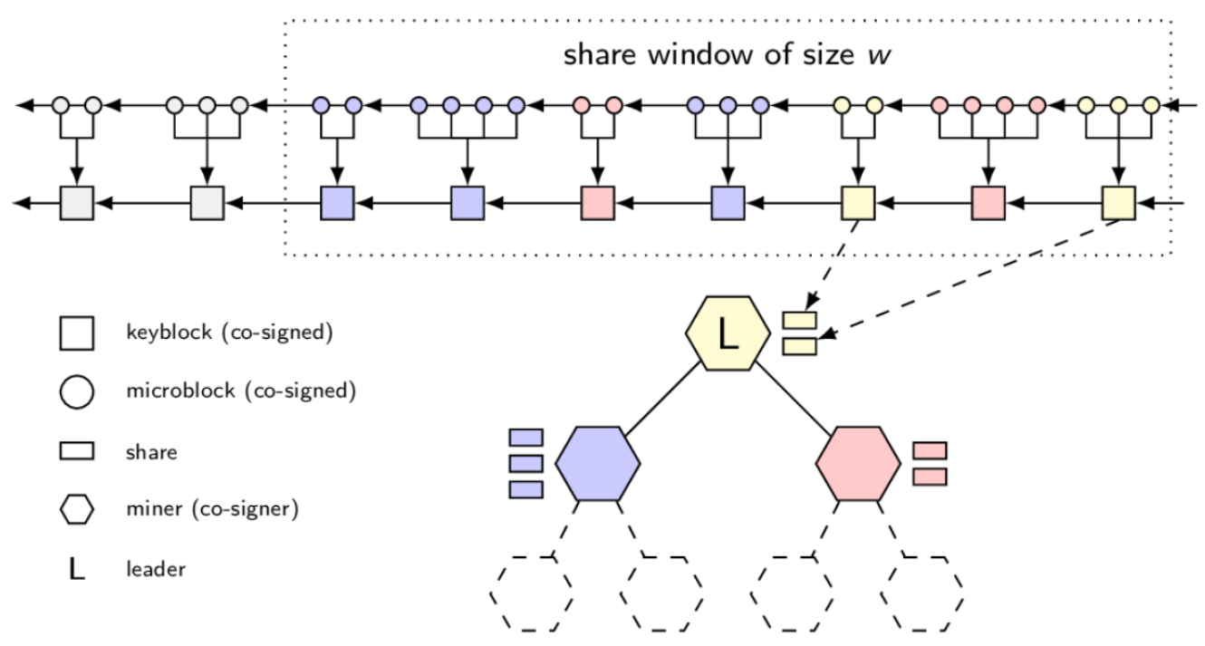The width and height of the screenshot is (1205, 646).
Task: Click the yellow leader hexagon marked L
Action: (727, 333)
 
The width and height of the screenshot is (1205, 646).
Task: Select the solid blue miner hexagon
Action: (597, 463)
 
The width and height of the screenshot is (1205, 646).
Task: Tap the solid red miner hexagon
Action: (858, 463)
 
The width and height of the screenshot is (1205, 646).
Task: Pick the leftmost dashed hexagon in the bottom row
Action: (531, 593)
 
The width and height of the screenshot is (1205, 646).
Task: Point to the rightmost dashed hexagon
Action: (922, 593)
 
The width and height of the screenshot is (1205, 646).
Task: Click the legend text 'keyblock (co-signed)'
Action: (230, 333)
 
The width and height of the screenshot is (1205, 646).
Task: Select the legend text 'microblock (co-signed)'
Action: (240, 391)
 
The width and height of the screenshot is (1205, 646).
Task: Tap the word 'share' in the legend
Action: (151, 451)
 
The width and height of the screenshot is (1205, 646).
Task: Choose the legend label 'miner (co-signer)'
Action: (212, 510)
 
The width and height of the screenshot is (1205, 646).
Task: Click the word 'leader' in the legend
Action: (156, 570)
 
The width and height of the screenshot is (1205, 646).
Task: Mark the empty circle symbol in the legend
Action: (77, 392)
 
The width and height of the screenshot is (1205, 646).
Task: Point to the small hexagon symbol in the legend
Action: (77, 510)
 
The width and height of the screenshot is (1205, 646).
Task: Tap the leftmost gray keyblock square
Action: (77, 203)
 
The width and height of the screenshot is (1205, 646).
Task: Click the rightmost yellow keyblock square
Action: (1118, 203)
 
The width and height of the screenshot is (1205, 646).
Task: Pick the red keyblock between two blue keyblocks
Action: (597, 203)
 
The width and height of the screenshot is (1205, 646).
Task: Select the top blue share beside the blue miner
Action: (526, 438)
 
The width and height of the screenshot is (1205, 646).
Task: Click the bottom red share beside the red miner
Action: (930, 477)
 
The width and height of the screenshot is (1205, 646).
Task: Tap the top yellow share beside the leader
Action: (800, 320)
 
